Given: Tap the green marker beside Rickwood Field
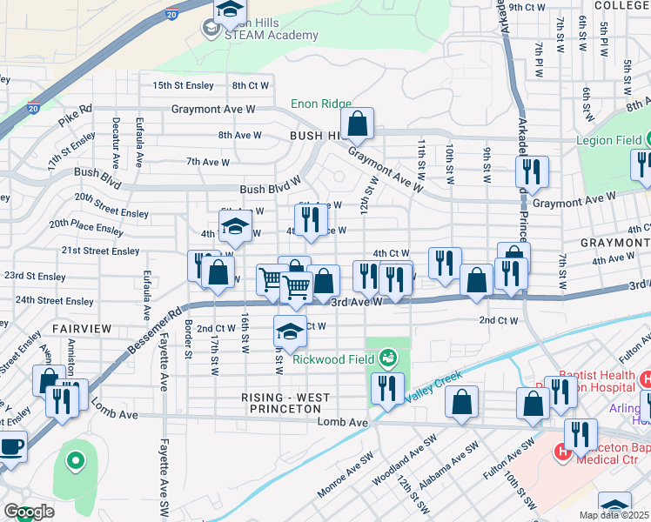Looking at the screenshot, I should (387, 358).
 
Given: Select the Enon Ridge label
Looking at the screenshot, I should (321, 104).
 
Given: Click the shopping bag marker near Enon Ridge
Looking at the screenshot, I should (357, 124).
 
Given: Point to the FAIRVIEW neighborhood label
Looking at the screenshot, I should (81, 329).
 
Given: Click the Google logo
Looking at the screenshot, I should (29, 512).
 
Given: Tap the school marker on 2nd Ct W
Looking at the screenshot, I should (290, 331).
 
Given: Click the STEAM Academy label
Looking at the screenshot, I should (259, 35).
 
